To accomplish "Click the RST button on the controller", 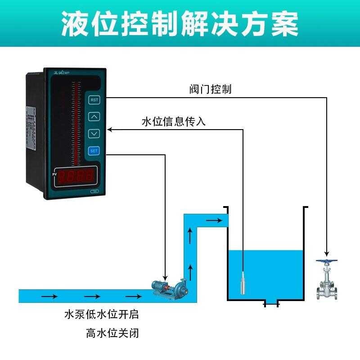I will point(94,99).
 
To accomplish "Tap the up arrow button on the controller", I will point(94,117).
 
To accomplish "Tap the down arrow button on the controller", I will point(94,133).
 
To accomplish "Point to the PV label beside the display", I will point(54,174).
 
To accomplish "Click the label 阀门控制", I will point(210,89).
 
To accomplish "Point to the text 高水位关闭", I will point(112,333).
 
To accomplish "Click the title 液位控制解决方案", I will point(180,23).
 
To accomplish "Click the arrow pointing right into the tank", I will point(215,220).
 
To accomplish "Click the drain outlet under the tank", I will point(271,304).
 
